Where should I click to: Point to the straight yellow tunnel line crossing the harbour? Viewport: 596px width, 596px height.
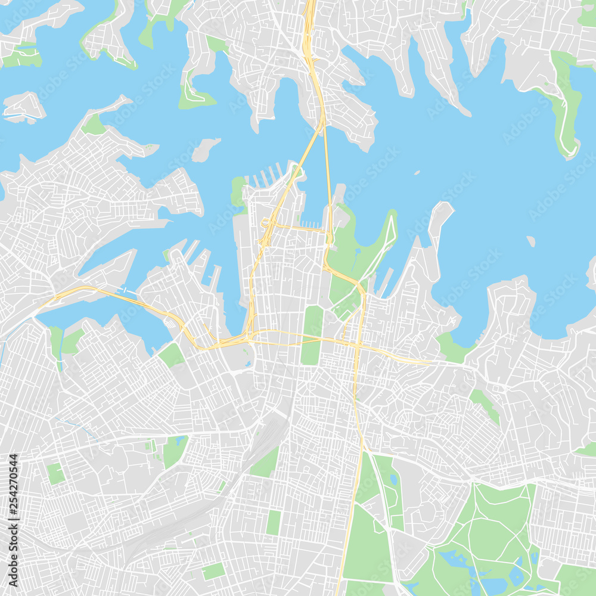(x=327, y=179)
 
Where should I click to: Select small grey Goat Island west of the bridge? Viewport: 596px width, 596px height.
(x=205, y=150)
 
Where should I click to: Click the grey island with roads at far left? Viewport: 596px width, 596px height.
(x=24, y=107)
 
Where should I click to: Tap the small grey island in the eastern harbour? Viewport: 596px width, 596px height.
(x=530, y=241)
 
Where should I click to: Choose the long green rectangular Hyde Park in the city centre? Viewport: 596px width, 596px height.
(x=312, y=334)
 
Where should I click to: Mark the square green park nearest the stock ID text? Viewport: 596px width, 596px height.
(x=55, y=473)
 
